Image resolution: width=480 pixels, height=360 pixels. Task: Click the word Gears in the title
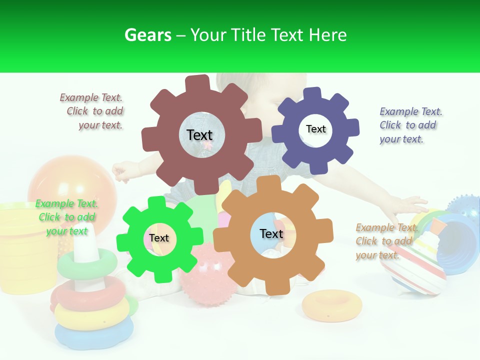148,35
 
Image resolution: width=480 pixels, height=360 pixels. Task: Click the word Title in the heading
248,35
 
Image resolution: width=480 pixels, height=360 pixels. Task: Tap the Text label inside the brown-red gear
199,135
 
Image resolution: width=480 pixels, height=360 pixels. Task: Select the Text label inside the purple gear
315,129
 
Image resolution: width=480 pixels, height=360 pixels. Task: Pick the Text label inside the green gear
159,238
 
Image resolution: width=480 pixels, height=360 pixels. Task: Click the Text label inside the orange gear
271,233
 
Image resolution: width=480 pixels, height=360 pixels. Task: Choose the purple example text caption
410,125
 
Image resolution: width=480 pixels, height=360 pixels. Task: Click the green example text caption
66,217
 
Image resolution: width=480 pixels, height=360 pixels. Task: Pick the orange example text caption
386,241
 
